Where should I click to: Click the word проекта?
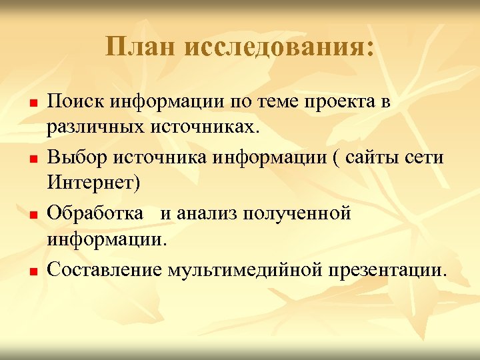pyautogui.click(x=341, y=102)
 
